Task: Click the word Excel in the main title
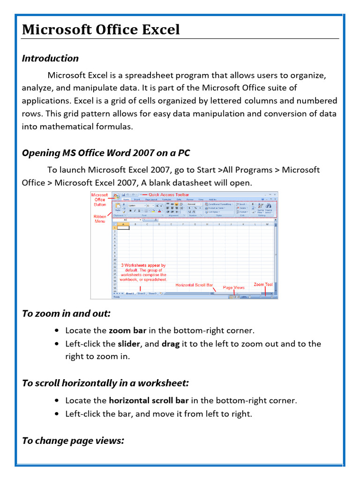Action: click(x=158, y=30)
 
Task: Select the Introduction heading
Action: click(x=50, y=58)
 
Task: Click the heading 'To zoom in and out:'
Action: click(x=66, y=313)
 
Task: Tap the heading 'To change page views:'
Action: click(x=73, y=440)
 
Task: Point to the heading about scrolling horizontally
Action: click(x=105, y=383)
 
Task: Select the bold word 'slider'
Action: click(x=129, y=344)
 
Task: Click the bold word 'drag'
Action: click(x=171, y=344)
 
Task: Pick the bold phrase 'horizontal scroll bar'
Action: click(x=149, y=400)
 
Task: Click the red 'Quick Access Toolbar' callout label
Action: click(x=169, y=195)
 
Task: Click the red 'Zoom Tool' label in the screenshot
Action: click(x=263, y=284)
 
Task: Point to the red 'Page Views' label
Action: click(x=233, y=287)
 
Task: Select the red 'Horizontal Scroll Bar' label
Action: click(x=194, y=285)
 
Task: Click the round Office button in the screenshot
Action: click(x=115, y=195)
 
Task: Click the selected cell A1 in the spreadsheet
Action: click(x=123, y=228)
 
